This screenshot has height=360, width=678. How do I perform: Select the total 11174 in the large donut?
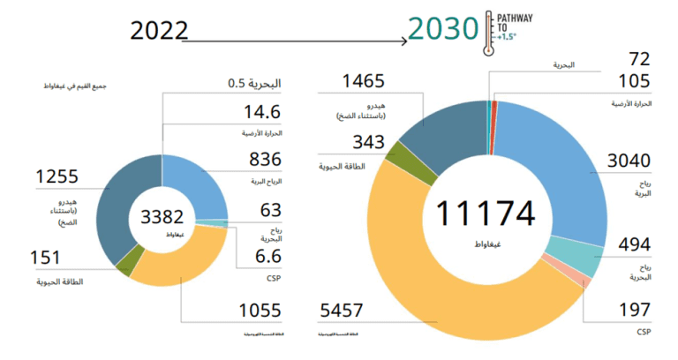point(486,214)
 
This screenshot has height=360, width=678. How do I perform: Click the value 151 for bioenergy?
point(45,258)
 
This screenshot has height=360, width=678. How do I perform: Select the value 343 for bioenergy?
point(343,141)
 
